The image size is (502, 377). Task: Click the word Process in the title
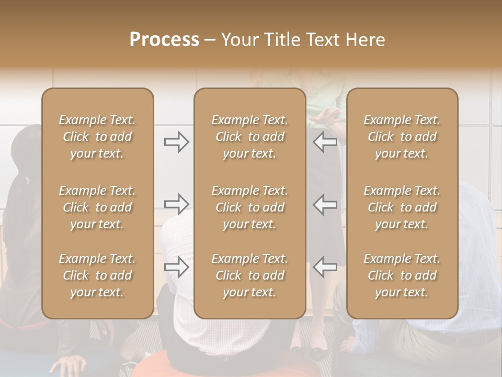(164, 40)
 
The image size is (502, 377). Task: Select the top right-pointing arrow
(176, 142)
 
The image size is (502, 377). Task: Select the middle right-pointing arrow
(176, 204)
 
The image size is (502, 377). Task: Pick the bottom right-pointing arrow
(176, 267)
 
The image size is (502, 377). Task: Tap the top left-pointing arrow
(325, 142)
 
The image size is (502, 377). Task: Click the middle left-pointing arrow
(325, 204)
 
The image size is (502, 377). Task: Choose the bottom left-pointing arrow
(325, 267)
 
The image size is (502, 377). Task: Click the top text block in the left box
(97, 137)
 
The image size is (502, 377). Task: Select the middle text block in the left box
(97, 207)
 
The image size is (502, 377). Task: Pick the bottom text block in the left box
(97, 275)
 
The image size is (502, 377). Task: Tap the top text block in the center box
(249, 137)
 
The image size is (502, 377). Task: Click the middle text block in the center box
(249, 207)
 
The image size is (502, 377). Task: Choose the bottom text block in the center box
(249, 275)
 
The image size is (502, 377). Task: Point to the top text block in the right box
(402, 137)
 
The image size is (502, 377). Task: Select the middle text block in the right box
(402, 207)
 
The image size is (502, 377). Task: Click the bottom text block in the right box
(402, 275)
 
